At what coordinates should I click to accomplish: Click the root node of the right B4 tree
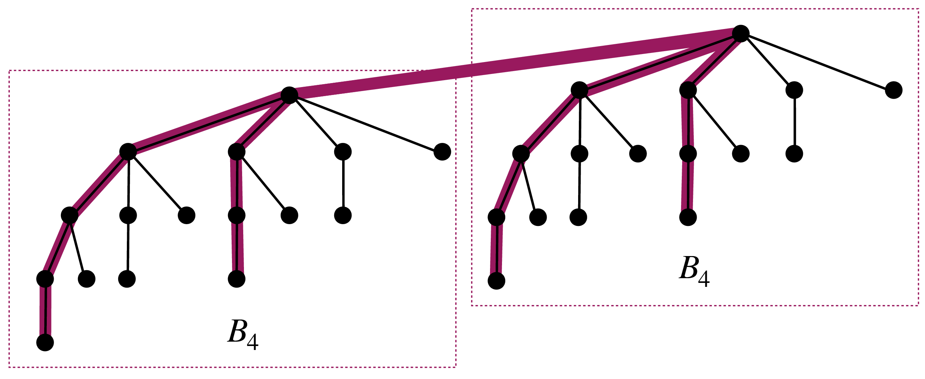pos(741,34)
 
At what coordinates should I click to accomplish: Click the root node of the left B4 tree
pos(289,95)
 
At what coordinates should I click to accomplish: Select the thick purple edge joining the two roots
pos(515,65)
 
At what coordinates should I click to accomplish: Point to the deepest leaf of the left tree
pos(45,342)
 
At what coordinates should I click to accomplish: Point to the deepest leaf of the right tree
pos(497,281)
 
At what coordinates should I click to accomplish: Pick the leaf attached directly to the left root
pos(442,152)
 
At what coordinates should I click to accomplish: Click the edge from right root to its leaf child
pos(817,62)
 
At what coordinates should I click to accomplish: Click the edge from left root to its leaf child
pos(366,124)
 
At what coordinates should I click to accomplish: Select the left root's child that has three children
pos(128,152)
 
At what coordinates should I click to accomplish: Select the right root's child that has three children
pos(579,90)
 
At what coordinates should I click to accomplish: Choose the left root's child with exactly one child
pos(343,152)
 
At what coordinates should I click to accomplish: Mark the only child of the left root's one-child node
pos(343,215)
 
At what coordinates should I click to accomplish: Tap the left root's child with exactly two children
pos(237,152)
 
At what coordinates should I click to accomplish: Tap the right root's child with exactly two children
pos(688,90)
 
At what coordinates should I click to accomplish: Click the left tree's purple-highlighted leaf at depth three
pos(237,279)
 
